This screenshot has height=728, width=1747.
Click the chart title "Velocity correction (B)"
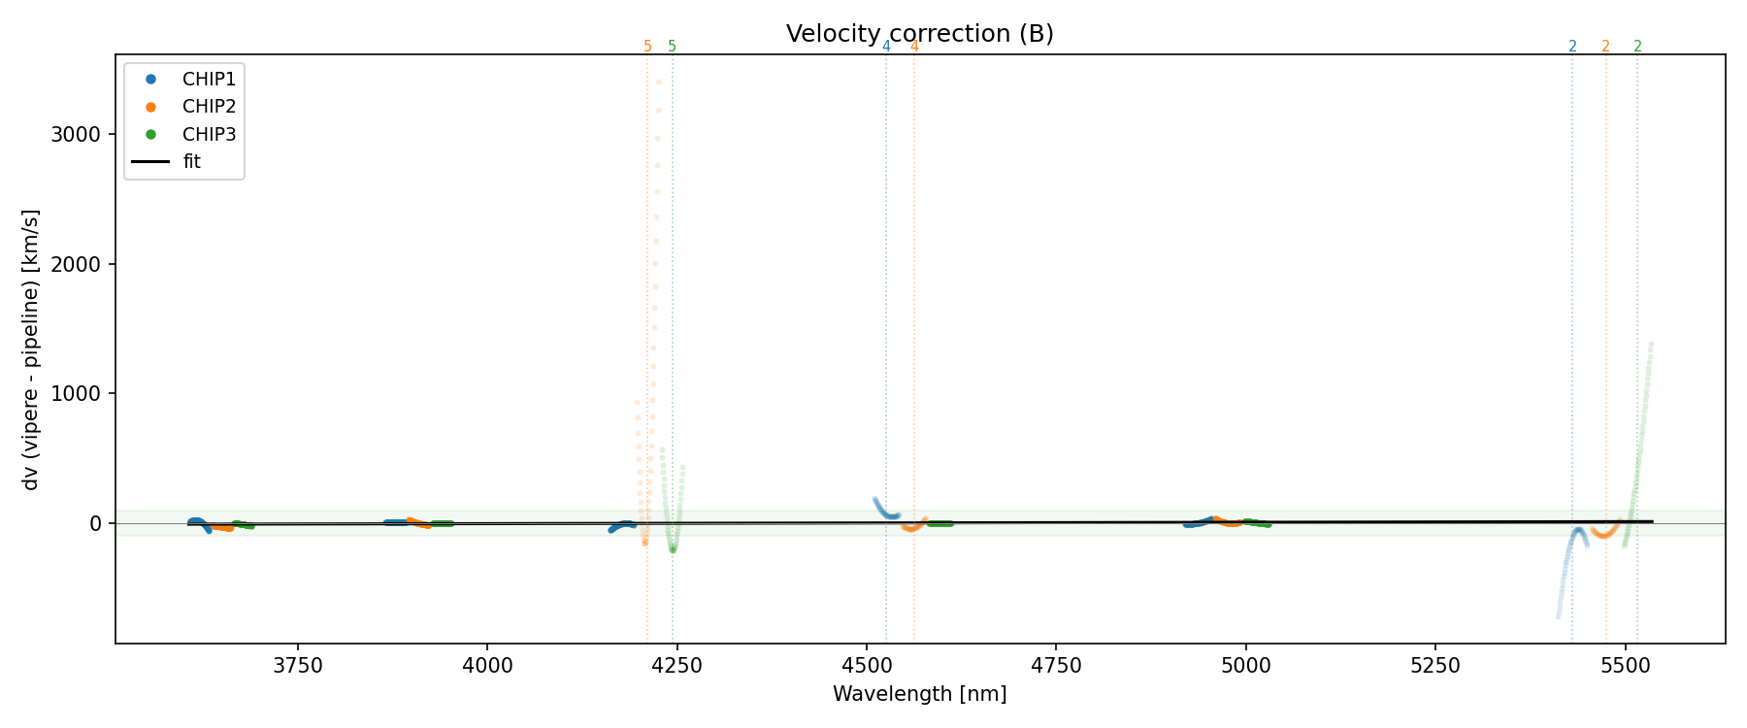click(919, 34)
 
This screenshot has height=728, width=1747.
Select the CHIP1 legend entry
click(209, 80)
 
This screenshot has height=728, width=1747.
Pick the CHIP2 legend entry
click(209, 107)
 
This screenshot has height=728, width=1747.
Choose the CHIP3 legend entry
click(209, 135)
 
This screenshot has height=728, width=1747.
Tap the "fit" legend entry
click(191, 162)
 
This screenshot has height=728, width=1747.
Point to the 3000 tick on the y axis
click(76, 135)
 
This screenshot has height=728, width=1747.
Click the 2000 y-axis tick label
click(76, 264)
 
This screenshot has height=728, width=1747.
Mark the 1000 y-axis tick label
click(76, 393)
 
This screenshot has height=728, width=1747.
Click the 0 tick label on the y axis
click(95, 523)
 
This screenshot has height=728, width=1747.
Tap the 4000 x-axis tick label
click(487, 665)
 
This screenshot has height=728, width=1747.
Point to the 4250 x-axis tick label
click(676, 665)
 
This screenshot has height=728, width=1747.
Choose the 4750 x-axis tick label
click(1056, 665)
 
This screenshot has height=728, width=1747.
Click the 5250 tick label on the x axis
click(1435, 665)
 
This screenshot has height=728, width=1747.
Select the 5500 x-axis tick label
click(1625, 665)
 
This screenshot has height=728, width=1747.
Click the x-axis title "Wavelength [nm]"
click(919, 694)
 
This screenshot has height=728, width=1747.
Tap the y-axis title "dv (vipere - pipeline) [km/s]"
click(31, 349)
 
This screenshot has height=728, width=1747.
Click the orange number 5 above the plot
click(647, 47)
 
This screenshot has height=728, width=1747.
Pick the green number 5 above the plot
click(672, 47)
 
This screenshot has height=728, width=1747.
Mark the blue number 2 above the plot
click(1572, 47)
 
